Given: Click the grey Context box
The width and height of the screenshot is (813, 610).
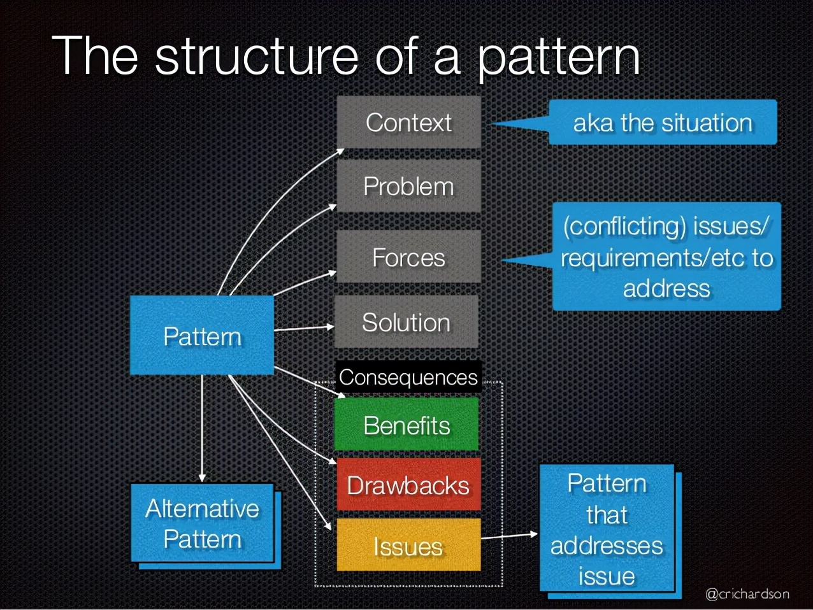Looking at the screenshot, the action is click(x=409, y=122).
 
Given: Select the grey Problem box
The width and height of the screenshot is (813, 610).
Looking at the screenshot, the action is click(x=409, y=186).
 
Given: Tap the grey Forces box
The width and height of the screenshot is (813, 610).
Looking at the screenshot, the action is click(x=409, y=257).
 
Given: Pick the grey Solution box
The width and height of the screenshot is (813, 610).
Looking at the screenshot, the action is click(x=406, y=322).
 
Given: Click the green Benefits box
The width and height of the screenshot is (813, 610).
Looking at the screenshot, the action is click(x=406, y=424).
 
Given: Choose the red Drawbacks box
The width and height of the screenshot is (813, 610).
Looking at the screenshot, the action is click(x=409, y=485).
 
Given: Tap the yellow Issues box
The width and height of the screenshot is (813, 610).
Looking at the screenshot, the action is click(x=409, y=545).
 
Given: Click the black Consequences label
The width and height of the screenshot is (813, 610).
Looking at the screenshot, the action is click(x=408, y=377).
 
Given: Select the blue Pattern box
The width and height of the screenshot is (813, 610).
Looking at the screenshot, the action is click(x=202, y=336).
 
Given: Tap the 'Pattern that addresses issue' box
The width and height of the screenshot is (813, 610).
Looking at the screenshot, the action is click(x=607, y=528).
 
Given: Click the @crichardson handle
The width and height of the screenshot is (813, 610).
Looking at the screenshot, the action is click(x=747, y=593).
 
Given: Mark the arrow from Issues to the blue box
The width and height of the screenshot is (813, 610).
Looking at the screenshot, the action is click(x=509, y=536).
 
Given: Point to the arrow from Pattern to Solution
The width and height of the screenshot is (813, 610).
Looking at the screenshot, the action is click(x=304, y=328).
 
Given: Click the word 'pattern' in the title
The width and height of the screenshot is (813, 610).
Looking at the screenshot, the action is click(x=559, y=59).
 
